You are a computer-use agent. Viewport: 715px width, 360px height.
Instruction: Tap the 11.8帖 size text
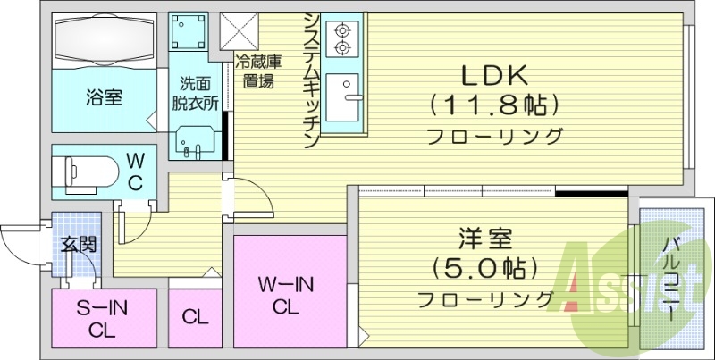pos(494,105)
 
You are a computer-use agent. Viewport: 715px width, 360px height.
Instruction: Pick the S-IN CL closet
pos(102,319)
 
